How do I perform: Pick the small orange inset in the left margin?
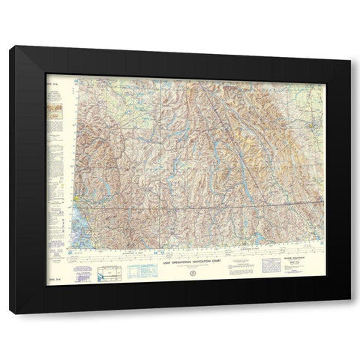point(55,112)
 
